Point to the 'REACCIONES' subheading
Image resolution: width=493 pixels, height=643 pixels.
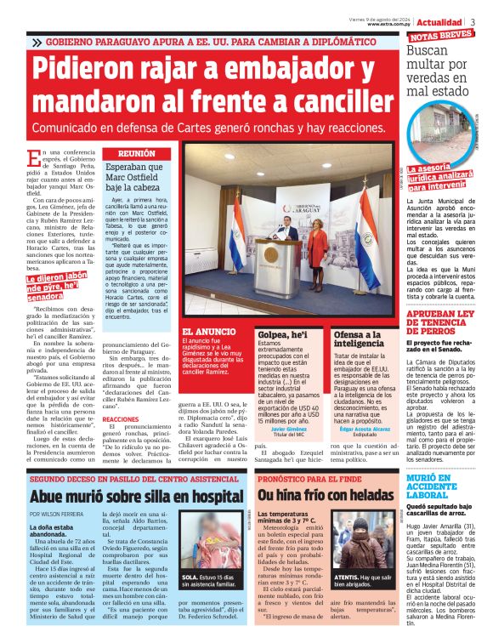click(121, 419)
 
